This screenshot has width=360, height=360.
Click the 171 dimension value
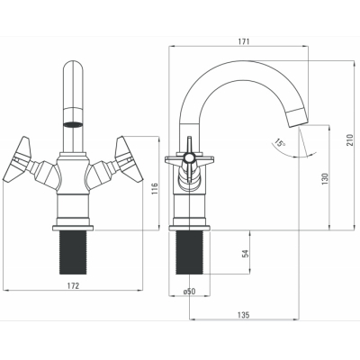click(244, 41)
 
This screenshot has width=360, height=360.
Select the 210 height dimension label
click(350, 139)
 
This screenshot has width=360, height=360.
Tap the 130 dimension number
click(325, 179)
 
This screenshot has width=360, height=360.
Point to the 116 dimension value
click(155, 189)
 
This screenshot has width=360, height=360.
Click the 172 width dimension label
click(72, 285)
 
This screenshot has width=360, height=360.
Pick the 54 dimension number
click(246, 254)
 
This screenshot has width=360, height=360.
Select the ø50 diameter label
click(189, 291)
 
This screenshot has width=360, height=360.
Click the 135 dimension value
click(243, 315)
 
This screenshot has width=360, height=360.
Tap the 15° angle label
click(280, 143)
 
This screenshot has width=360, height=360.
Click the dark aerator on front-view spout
click(73, 124)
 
